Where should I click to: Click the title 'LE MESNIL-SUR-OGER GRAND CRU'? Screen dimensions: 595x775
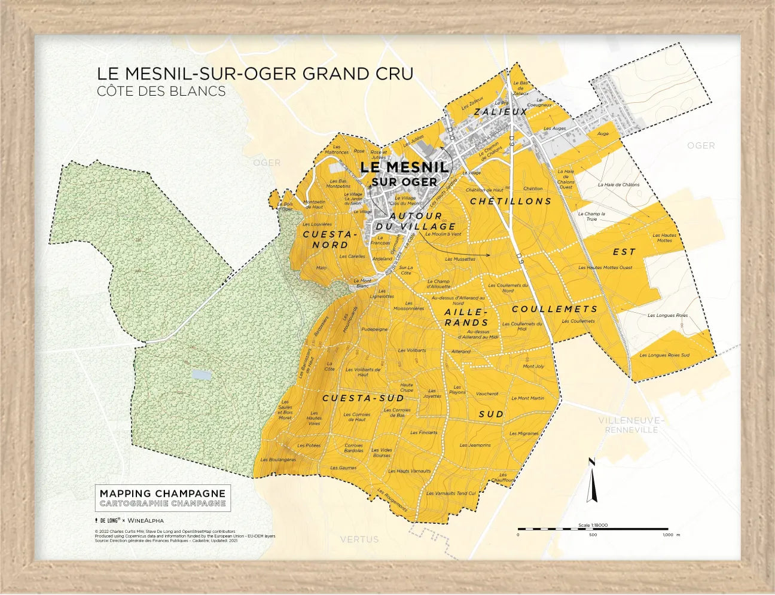(255, 74)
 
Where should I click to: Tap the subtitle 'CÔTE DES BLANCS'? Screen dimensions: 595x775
(161, 91)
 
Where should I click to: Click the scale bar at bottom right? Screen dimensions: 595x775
(592, 529)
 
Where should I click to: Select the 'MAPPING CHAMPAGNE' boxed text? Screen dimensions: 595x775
(163, 493)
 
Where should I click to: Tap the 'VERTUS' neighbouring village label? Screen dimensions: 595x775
(359, 539)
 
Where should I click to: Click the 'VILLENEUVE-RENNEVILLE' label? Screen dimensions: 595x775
(630, 425)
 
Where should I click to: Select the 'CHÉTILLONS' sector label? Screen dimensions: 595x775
(511, 202)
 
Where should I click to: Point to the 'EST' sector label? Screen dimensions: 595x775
(624, 252)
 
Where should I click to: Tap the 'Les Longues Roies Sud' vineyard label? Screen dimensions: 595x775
(664, 355)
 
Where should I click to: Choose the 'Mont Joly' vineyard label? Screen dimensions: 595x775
(533, 367)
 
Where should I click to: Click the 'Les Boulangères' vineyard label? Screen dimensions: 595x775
(278, 460)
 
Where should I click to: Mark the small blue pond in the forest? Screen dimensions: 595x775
(200, 375)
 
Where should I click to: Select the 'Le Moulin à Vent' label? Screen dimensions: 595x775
(443, 234)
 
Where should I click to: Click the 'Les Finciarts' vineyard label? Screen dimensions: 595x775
(423, 432)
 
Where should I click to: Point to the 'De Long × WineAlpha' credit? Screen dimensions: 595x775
(129, 520)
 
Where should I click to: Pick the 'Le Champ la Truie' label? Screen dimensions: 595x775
(591, 216)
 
